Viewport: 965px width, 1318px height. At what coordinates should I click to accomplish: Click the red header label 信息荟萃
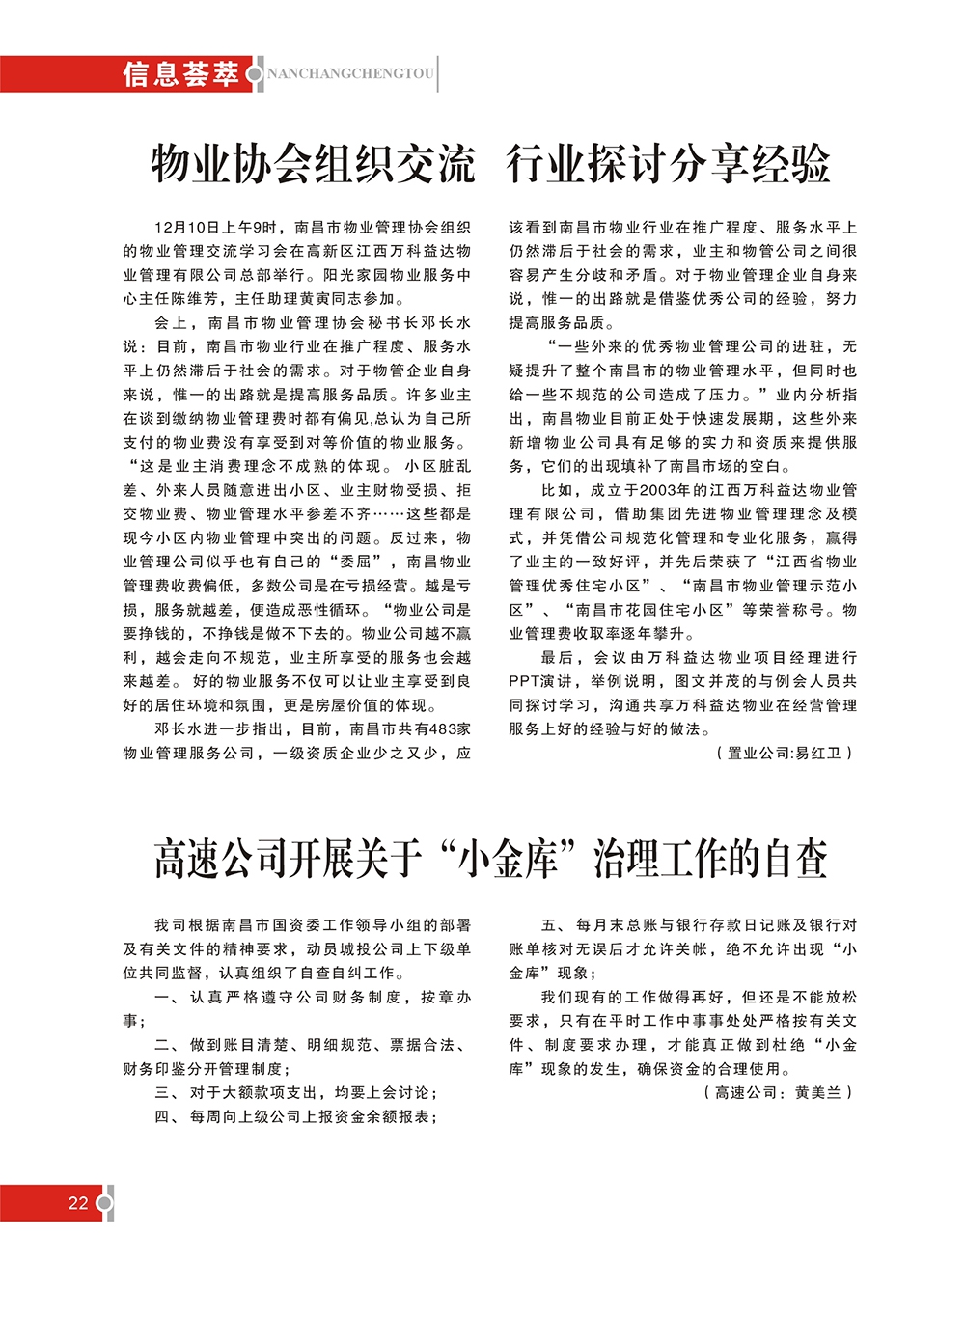(180, 74)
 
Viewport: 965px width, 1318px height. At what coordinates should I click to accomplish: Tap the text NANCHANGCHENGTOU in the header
(350, 74)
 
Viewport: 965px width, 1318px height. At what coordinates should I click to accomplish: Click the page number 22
(78, 1202)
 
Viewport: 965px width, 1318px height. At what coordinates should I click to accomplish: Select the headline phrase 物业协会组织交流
(314, 164)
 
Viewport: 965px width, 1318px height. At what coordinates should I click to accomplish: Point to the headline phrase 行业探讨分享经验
(668, 164)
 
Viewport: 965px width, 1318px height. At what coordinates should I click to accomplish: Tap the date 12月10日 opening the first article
(186, 228)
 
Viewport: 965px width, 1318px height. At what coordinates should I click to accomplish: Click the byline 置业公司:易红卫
(785, 753)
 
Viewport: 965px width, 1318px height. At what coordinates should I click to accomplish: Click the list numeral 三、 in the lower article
(165, 1093)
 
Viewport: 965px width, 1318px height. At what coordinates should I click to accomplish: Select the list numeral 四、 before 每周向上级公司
(165, 1117)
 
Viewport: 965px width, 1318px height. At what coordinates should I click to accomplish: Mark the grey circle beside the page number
(105, 1202)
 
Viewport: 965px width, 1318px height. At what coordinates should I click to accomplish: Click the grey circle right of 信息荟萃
(255, 74)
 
